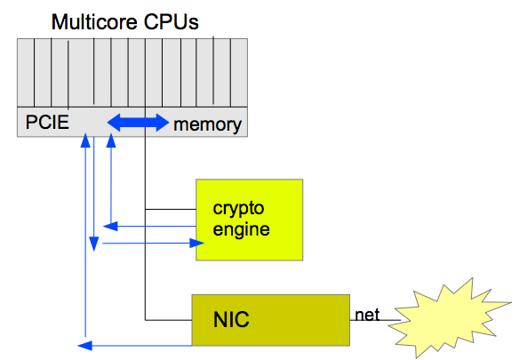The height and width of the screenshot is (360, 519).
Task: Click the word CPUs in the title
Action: click(x=172, y=22)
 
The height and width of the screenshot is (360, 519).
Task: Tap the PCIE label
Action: click(x=47, y=122)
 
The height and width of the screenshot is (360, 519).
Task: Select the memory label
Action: click(x=208, y=124)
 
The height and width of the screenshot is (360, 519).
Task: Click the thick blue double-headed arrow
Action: click(x=138, y=123)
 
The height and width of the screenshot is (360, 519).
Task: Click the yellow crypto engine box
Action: click(x=249, y=220)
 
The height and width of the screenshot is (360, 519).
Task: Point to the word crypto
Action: click(x=238, y=209)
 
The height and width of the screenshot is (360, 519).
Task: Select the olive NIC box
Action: click(x=271, y=320)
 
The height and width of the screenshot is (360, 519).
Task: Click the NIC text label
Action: click(x=231, y=320)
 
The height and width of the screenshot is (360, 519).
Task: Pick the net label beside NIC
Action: click(x=367, y=315)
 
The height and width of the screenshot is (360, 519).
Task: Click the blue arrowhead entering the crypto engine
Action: click(x=196, y=244)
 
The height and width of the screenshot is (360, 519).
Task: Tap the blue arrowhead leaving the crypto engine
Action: click(x=110, y=227)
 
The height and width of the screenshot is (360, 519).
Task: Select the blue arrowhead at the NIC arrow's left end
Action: click(x=84, y=346)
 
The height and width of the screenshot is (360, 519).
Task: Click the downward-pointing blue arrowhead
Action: click(x=94, y=244)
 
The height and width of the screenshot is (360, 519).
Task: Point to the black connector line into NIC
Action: click(x=169, y=320)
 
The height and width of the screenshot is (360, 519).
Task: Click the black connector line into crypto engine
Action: click(x=171, y=209)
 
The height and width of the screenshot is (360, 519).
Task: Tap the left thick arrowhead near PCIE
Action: click(x=114, y=123)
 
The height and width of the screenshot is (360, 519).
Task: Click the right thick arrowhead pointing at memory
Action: click(x=163, y=123)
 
